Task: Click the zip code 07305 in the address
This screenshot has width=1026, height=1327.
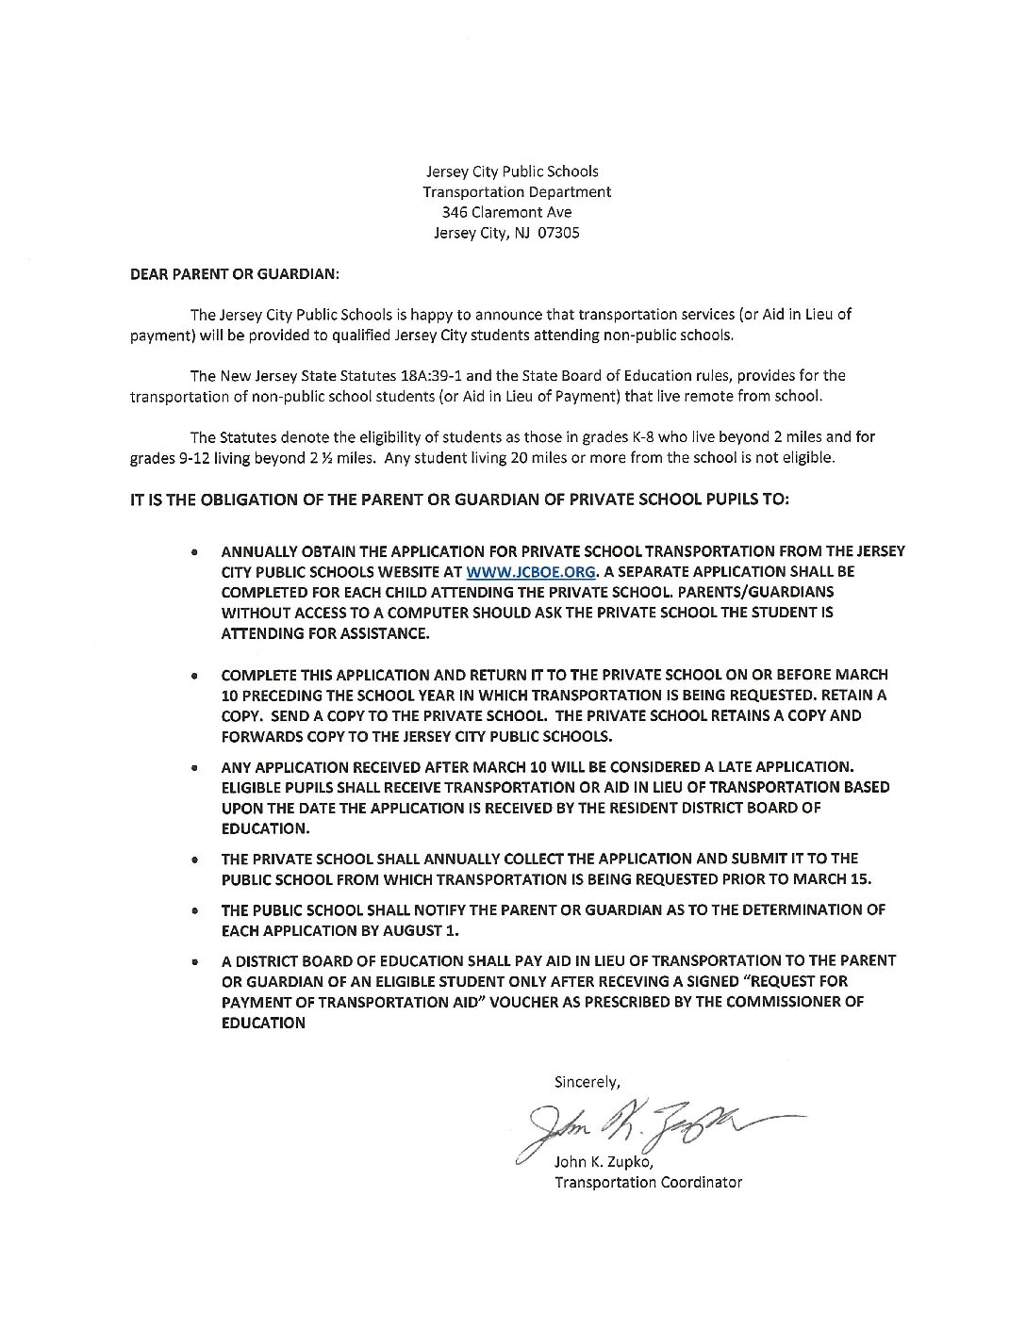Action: click(558, 233)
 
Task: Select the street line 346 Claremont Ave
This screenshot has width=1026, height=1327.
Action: click(513, 212)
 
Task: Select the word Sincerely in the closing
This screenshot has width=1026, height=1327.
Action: click(587, 1082)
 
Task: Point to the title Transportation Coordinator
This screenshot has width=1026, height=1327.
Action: click(647, 1182)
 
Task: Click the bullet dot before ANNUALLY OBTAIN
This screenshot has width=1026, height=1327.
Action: click(194, 551)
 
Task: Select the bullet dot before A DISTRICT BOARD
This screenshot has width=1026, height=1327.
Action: click(194, 962)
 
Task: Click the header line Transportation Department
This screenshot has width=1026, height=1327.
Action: click(517, 191)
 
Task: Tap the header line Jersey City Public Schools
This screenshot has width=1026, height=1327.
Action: click(512, 171)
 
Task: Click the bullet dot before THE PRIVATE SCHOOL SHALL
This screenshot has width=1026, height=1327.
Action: click(194, 860)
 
